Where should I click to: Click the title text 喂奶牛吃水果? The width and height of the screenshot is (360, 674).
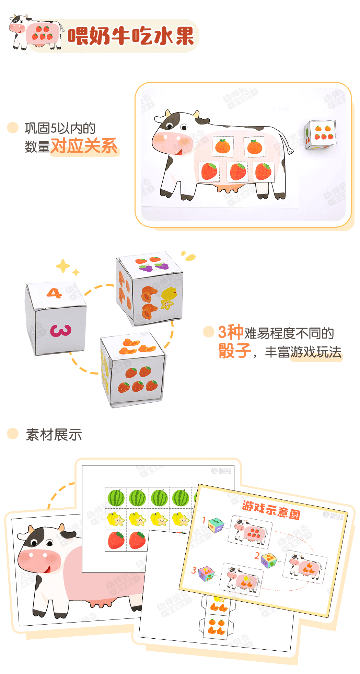131,36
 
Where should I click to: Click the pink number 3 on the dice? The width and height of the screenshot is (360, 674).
61,331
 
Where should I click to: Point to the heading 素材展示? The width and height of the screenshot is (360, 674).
54,435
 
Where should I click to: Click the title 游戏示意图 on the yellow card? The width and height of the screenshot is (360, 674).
271,510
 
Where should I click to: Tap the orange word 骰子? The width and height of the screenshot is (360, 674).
235,351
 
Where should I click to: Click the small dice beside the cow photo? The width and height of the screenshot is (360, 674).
320,135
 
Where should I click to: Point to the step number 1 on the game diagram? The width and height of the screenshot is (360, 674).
204,520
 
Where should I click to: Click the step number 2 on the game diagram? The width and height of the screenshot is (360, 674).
257,556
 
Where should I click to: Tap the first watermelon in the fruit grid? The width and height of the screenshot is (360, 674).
116,498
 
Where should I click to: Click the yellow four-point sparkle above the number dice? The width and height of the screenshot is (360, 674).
63,266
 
